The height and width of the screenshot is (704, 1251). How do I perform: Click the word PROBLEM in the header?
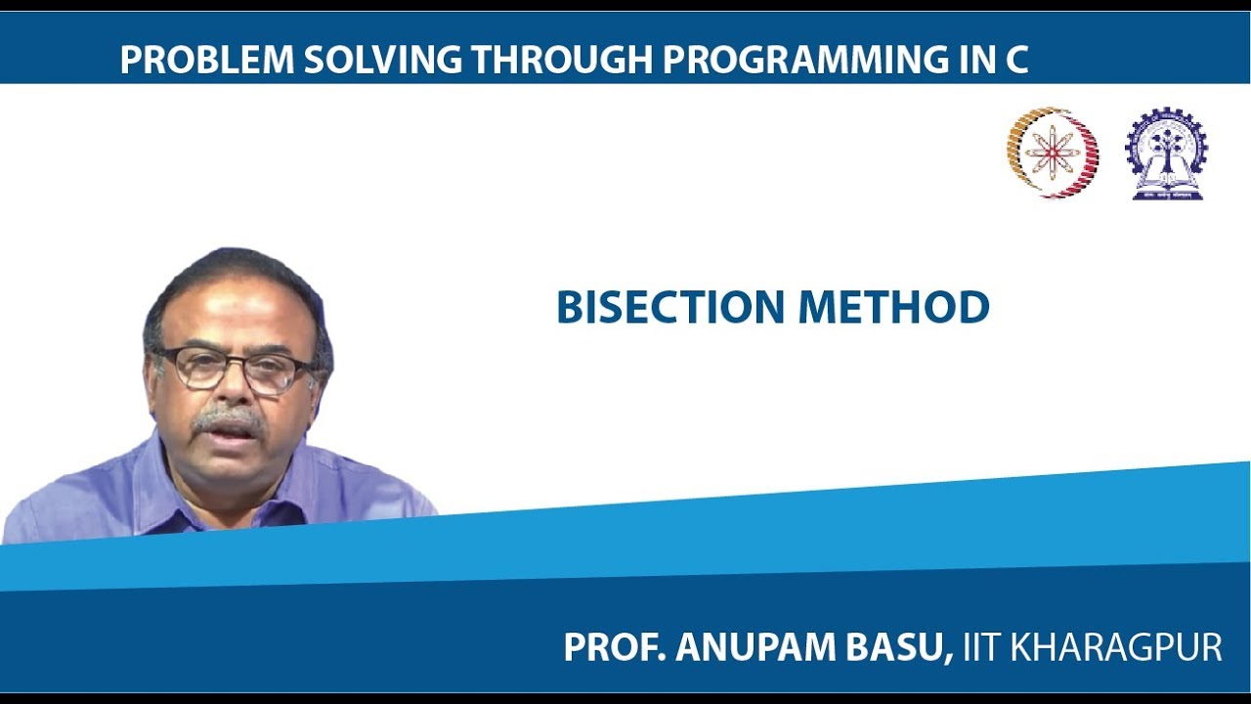pyautogui.click(x=206, y=61)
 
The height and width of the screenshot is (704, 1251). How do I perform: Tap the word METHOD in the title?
pyautogui.click(x=894, y=307)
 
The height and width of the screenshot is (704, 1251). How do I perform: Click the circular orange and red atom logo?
pyautogui.click(x=1053, y=153)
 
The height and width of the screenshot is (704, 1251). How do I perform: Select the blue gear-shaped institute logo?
pyautogui.click(x=1167, y=154)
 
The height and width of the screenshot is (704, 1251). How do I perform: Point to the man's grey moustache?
pyautogui.click(x=228, y=421)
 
